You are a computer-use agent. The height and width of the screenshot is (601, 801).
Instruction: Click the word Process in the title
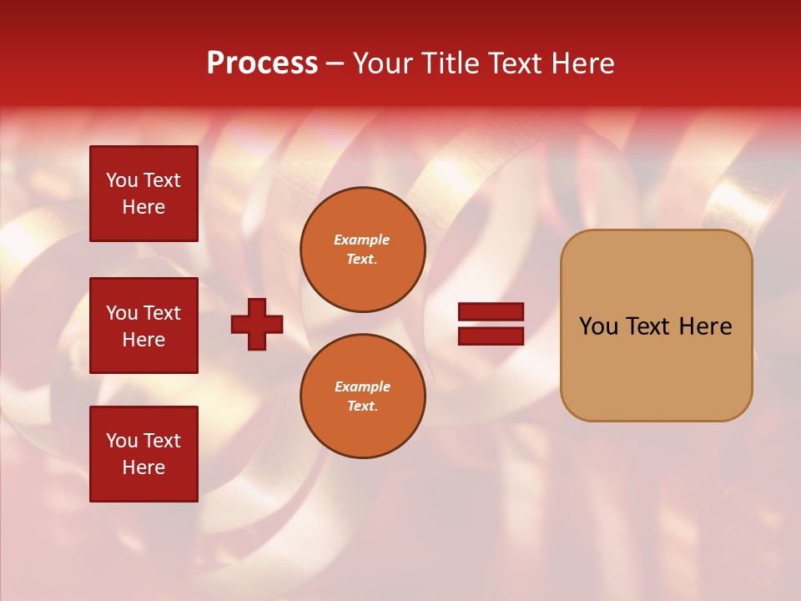pyautogui.click(x=262, y=63)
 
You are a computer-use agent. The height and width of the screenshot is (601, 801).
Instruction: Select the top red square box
pyautogui.click(x=144, y=194)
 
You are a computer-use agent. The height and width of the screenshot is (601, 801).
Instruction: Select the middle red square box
pyautogui.click(x=144, y=326)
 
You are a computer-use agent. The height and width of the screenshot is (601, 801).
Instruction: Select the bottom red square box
pyautogui.click(x=144, y=453)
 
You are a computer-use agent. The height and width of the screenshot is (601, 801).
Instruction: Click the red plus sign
pyautogui.click(x=257, y=324)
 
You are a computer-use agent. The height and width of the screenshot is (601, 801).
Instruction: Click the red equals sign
pyautogui.click(x=491, y=324)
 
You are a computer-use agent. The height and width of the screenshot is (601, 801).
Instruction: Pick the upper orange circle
pyautogui.click(x=363, y=250)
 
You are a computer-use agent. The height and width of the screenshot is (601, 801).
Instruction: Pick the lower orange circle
pyautogui.click(x=363, y=396)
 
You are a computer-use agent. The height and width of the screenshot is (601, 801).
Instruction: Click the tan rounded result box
pyautogui.click(x=656, y=326)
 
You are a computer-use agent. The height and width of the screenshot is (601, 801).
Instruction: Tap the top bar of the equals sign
pyautogui.click(x=491, y=312)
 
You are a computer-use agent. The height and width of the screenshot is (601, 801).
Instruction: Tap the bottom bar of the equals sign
pyautogui.click(x=491, y=336)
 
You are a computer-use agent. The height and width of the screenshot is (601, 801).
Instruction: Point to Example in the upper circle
pyautogui.click(x=362, y=240)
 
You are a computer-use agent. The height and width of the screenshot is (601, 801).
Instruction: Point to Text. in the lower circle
pyautogui.click(x=362, y=407)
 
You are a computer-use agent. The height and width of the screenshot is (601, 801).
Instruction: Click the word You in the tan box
pyautogui.click(x=597, y=326)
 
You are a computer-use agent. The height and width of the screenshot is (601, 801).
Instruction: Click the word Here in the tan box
pyautogui.click(x=705, y=326)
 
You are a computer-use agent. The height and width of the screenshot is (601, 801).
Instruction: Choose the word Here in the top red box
pyautogui.click(x=144, y=207)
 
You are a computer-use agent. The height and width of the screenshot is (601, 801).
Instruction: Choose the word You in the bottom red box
pyautogui.click(x=122, y=441)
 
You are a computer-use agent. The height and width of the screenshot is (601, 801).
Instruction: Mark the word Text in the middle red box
pyautogui.click(x=162, y=313)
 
